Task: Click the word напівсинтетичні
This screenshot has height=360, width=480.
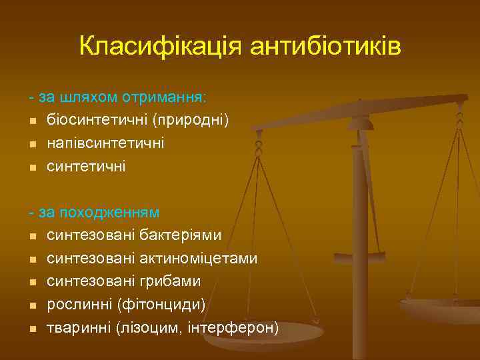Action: (106, 143)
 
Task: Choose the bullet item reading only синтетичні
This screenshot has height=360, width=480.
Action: (86, 166)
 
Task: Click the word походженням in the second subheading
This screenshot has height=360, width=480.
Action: (109, 213)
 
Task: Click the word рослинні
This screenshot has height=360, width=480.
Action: (79, 305)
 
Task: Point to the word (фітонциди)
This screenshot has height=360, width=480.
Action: (161, 305)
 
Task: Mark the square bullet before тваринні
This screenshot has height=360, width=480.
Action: (33, 329)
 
